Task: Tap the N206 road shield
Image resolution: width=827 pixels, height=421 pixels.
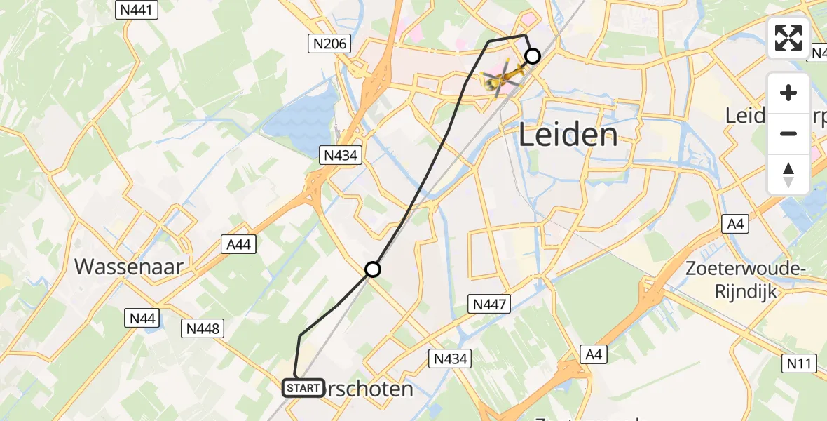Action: [329, 44]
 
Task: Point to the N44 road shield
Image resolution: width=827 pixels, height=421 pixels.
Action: [142, 319]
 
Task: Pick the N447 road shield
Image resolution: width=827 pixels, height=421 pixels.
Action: [489, 304]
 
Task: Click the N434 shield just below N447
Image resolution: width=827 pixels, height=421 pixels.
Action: [449, 359]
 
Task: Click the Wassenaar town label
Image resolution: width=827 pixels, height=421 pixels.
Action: [129, 267]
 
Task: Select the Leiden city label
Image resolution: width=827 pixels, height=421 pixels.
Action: [568, 135]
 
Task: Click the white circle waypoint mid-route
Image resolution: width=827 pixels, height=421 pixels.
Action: [373, 269]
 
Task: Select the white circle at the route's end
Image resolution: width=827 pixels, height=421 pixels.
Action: [533, 56]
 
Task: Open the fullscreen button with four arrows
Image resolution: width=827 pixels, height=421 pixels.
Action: [788, 37]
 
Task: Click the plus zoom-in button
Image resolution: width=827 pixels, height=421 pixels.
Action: [788, 93]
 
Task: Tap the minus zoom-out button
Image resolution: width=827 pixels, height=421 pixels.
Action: [788, 133]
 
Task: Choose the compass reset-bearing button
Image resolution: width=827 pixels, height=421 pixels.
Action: [788, 174]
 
